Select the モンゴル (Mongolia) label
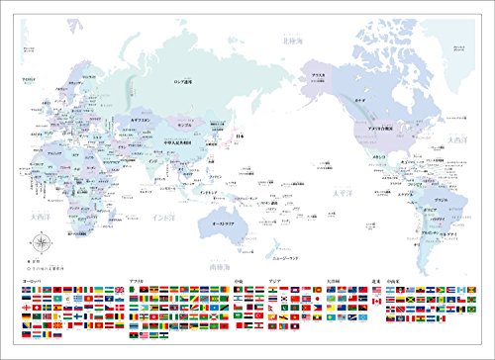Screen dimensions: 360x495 (x=184, y=127)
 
